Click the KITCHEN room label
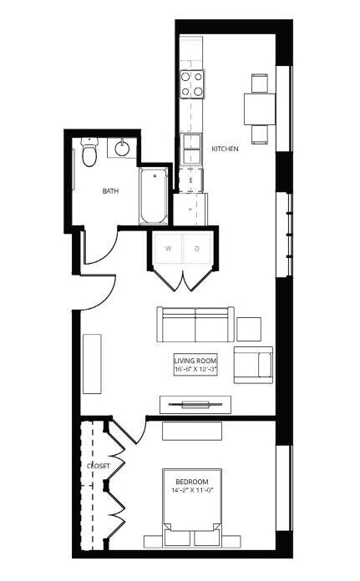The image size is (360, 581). pos(225,149)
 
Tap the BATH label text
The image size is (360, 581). pos(110,191)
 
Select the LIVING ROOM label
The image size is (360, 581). pos(195,361)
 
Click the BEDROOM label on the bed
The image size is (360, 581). pos(191,482)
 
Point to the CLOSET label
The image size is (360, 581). pos(99,466)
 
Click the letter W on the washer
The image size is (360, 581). pos(169,249)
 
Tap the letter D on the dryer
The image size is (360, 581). pos(197,249)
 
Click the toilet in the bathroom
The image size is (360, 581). pos(89,152)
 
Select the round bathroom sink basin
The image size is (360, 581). pos(122,149)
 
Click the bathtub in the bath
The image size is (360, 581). pos(153,195)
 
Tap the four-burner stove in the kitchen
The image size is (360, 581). pos(192,84)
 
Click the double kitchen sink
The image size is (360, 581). pos(192,149)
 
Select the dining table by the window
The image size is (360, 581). pos(260,109)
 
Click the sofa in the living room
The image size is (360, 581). pos(195,324)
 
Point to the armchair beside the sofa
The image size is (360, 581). pos(253,365)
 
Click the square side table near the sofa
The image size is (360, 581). pos(249,329)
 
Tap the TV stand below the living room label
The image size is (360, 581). pos(195,405)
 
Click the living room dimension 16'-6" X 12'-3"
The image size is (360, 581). pos(195,370)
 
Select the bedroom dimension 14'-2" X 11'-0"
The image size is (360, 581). pos(191,490)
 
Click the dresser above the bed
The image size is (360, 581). pos(192,431)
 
